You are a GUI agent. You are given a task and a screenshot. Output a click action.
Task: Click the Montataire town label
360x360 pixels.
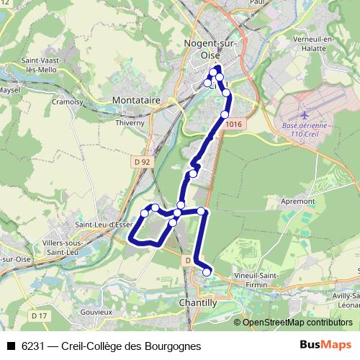(136, 102)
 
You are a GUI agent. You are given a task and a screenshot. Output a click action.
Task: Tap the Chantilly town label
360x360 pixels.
(197, 304)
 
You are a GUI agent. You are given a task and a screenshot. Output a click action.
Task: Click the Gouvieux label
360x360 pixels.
(97, 312)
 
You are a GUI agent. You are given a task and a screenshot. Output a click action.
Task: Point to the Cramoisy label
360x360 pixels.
(68, 102)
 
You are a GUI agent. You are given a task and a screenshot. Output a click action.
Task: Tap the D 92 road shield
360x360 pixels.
(141, 162)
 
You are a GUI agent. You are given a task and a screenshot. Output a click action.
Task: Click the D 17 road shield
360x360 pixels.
(39, 315)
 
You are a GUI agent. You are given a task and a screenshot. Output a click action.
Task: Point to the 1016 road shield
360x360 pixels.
(234, 125)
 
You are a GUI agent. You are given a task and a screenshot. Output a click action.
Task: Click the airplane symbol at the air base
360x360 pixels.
(304, 114)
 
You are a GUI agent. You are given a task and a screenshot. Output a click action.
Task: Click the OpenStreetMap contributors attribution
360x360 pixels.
(297, 323)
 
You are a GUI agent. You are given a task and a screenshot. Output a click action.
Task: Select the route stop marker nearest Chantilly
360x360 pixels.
(207, 271)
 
